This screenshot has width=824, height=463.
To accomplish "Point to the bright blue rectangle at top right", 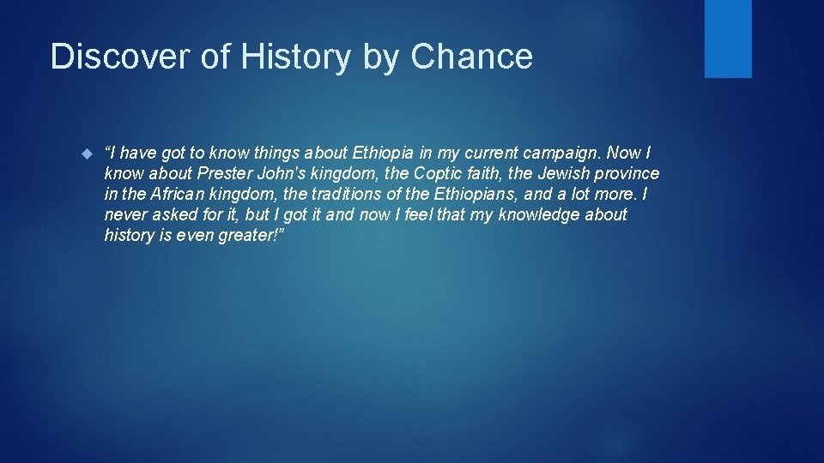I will (728, 39).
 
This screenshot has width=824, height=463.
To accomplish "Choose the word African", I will (176, 195).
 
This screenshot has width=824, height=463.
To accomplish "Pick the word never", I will (125, 214).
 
